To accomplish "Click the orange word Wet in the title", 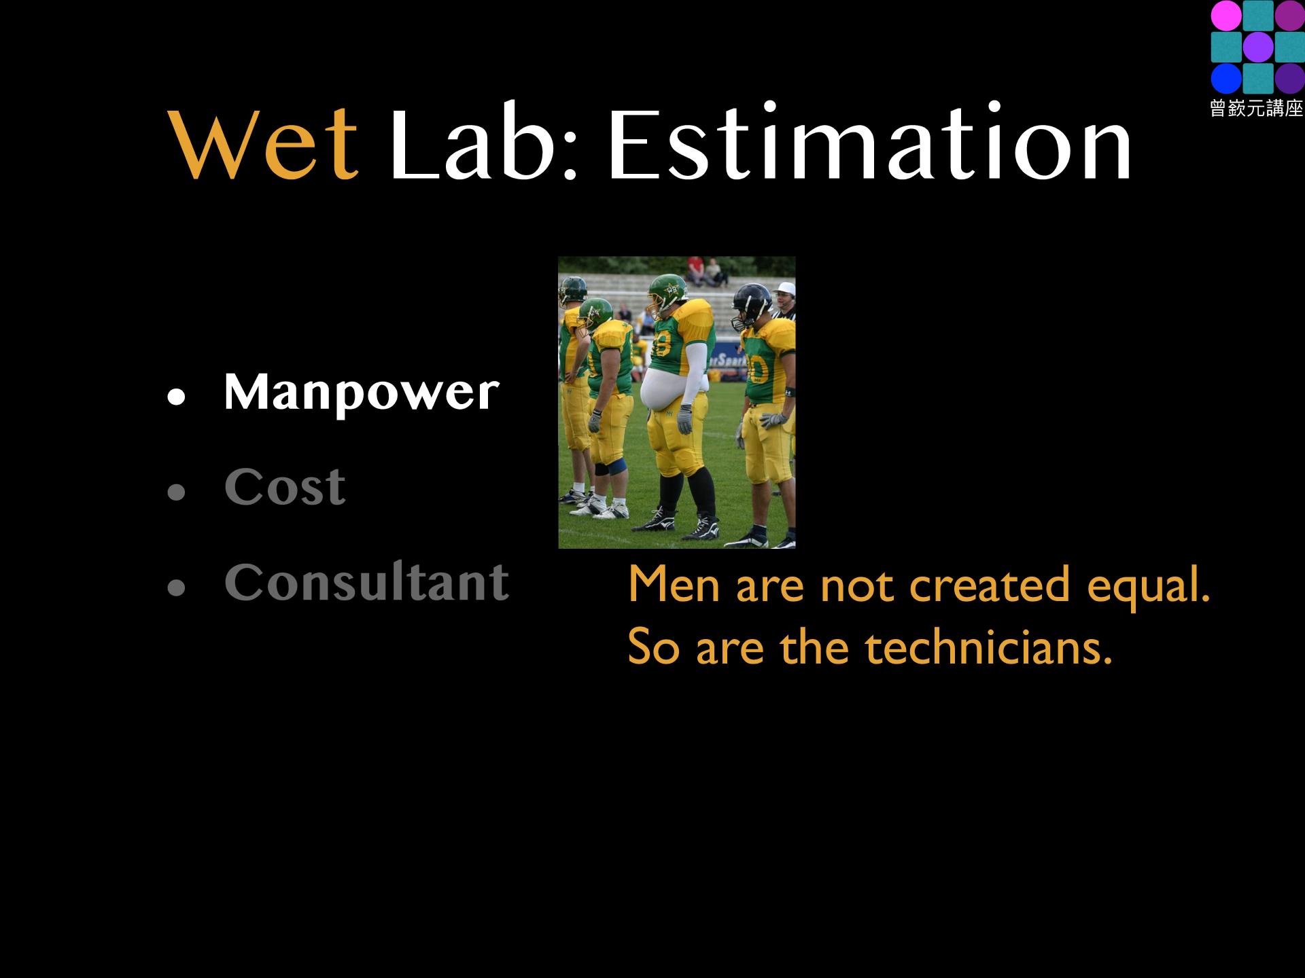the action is coord(265,145).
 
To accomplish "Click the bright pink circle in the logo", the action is coord(1225,15).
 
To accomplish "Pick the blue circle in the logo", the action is coord(1225,79).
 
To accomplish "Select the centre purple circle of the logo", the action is coord(1258,47).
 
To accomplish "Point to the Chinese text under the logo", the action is coord(1257,109).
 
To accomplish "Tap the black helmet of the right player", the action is coord(752,304).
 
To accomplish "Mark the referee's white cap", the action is coord(784,287).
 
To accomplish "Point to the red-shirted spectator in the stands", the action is coord(694,268).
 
